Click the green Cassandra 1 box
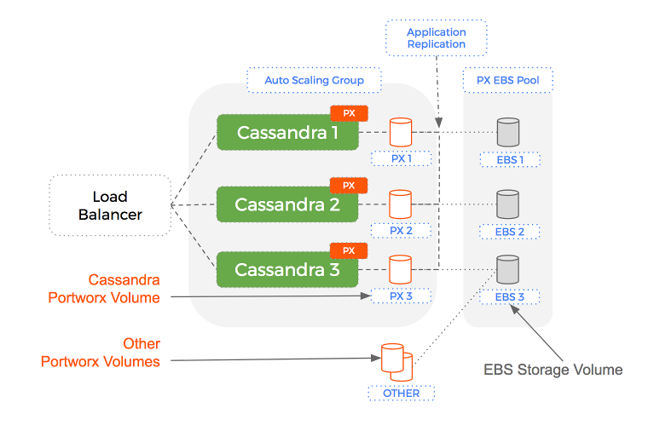(x=286, y=133)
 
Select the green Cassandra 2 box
(x=286, y=204)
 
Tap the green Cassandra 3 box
(x=286, y=270)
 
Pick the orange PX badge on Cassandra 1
(x=349, y=112)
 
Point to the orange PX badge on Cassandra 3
(x=349, y=250)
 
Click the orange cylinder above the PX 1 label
(x=401, y=132)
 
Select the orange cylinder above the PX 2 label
(x=401, y=204)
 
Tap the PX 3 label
(x=401, y=296)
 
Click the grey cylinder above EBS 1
(x=509, y=132)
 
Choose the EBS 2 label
(x=509, y=231)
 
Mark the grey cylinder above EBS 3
(x=509, y=269)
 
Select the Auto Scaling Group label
(x=314, y=80)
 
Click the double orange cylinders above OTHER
(x=396, y=360)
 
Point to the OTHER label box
(x=401, y=393)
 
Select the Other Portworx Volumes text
(x=101, y=353)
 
